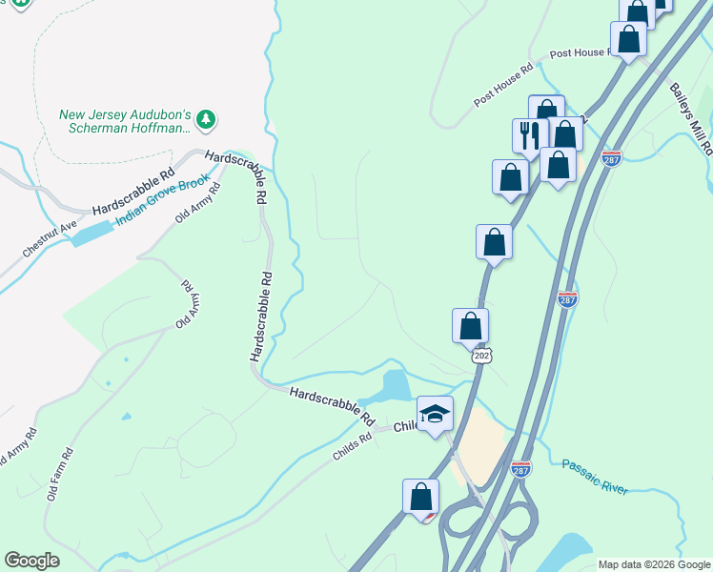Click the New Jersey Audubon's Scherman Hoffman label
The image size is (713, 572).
click(126, 122)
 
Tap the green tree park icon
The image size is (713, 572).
click(206, 119)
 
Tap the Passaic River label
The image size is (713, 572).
click(595, 476)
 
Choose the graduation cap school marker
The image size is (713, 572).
click(435, 414)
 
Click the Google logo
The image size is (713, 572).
click(31, 561)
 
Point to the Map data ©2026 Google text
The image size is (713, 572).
click(653, 564)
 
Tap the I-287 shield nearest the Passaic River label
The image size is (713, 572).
click(519, 467)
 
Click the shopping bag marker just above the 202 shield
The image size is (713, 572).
click(470, 325)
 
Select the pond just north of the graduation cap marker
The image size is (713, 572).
click(396, 386)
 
